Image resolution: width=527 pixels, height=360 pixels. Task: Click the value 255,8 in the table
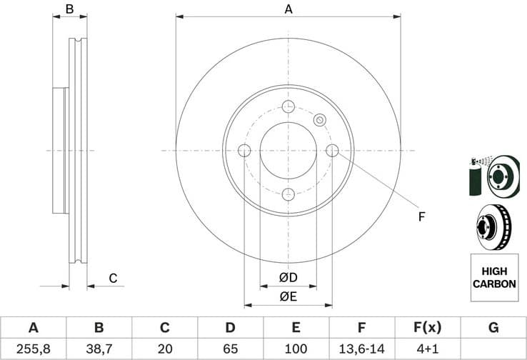click(33, 349)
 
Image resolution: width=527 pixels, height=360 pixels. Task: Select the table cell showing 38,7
click(99, 349)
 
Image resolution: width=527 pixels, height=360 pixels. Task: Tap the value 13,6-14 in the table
click(362, 349)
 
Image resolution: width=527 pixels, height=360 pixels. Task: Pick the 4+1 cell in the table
click(428, 349)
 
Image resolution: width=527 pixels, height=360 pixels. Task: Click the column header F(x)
click(428, 328)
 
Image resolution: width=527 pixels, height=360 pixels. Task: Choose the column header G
click(493, 328)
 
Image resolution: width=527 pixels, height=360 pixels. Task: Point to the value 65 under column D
click(231, 349)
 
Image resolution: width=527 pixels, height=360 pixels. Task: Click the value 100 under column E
click(296, 349)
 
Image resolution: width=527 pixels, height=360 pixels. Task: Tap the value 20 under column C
click(165, 349)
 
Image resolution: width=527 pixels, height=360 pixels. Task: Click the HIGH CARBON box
click(493, 278)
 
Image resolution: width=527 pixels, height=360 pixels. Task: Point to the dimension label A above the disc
click(288, 9)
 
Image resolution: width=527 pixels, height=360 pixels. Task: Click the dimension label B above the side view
click(69, 9)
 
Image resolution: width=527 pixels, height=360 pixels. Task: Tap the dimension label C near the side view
click(112, 278)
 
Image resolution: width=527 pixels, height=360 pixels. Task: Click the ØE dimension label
click(288, 296)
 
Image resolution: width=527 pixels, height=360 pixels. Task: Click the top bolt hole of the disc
click(288, 107)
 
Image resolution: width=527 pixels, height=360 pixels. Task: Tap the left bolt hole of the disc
click(244, 151)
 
